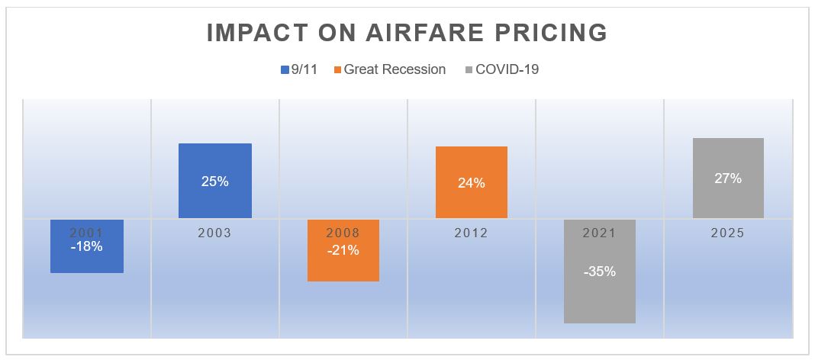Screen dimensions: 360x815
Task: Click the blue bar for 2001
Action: pos(87,259)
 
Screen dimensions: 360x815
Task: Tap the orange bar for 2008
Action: pos(343,267)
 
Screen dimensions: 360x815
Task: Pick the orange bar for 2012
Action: pos(472,164)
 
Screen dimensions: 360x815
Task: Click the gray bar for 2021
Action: pos(600,297)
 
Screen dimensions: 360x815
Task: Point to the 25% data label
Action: pos(215,182)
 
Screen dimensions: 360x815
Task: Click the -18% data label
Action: pos(87,246)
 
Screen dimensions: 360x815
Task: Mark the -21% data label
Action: pos(343,249)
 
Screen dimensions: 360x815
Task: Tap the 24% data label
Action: pos(472,183)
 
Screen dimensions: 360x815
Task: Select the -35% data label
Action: pos(600,271)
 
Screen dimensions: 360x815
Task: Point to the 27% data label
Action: pos(728,178)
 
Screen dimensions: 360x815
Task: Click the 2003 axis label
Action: pos(215,233)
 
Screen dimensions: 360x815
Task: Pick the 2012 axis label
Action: pos(472,233)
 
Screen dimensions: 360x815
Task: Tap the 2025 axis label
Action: pos(728,233)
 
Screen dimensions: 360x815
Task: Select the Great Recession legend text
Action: pos(395,69)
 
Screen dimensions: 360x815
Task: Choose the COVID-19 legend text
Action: pos(507,69)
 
